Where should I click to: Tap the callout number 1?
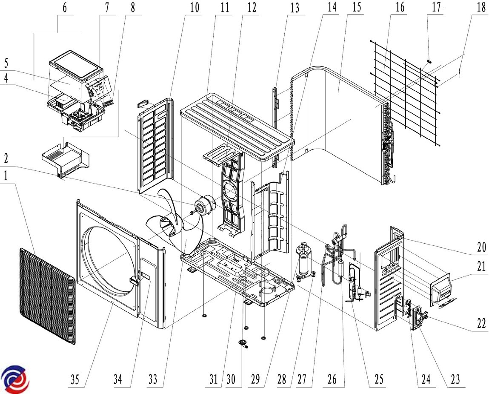click(6, 177)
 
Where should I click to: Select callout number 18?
click(480, 8)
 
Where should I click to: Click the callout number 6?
click(65, 8)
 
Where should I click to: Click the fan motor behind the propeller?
click(207, 206)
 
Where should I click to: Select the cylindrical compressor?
click(304, 261)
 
